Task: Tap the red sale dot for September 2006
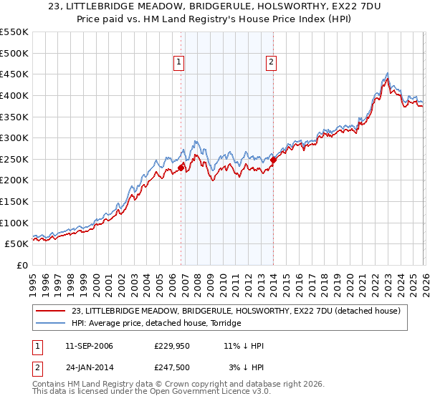(181, 167)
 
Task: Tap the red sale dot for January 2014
(273, 160)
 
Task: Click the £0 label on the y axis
(22, 265)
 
